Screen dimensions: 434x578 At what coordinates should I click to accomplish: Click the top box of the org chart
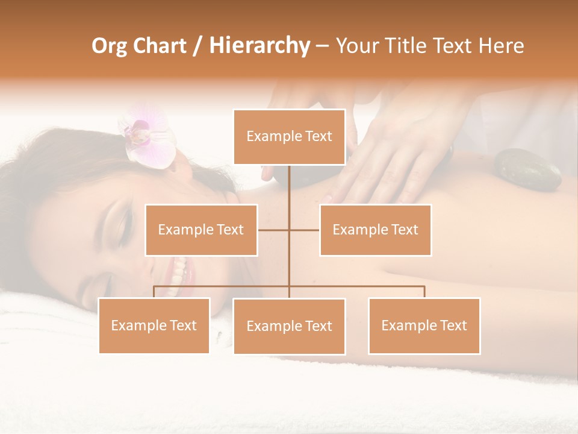click(289, 137)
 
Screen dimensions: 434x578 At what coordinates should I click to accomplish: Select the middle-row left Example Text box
click(201, 230)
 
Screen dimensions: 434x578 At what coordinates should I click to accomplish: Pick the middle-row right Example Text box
click(375, 230)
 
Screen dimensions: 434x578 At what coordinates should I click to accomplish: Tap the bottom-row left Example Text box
click(154, 325)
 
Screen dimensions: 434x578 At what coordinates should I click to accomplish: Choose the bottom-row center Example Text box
click(289, 326)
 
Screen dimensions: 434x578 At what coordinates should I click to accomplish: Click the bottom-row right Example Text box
click(424, 325)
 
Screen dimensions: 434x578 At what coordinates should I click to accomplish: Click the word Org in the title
click(109, 46)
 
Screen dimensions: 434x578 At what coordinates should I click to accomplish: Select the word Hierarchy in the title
click(259, 46)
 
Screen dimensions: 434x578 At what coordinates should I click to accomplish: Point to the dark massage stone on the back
click(527, 169)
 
